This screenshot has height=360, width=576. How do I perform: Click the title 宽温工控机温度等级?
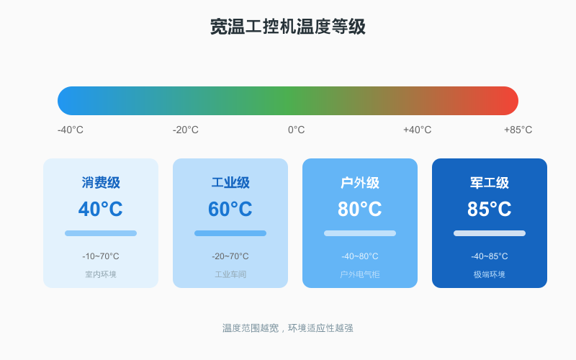(288, 27)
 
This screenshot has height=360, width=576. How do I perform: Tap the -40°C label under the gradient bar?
(71, 130)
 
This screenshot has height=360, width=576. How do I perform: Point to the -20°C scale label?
(186, 130)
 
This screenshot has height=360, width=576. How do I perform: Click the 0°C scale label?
(297, 130)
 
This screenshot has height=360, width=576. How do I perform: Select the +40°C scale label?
(418, 130)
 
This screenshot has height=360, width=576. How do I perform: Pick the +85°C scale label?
(518, 130)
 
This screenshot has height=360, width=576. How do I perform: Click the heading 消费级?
(101, 183)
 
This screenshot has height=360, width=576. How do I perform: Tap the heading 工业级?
(230, 183)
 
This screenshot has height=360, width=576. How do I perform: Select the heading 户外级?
(360, 183)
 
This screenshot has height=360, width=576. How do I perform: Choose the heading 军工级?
(490, 183)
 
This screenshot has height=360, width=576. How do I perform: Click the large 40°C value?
(101, 210)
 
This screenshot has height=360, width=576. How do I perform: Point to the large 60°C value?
(230, 210)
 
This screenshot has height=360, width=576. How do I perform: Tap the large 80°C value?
(360, 210)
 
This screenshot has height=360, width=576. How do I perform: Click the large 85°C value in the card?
(490, 210)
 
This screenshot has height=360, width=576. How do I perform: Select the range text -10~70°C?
(101, 256)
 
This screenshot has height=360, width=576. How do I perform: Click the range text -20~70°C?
(230, 256)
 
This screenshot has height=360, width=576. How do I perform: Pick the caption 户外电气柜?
(360, 274)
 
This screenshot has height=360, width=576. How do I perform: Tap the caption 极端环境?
(490, 274)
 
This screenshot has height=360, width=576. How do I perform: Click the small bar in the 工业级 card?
(230, 233)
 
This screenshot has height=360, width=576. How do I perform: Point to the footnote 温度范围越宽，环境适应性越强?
(288, 328)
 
